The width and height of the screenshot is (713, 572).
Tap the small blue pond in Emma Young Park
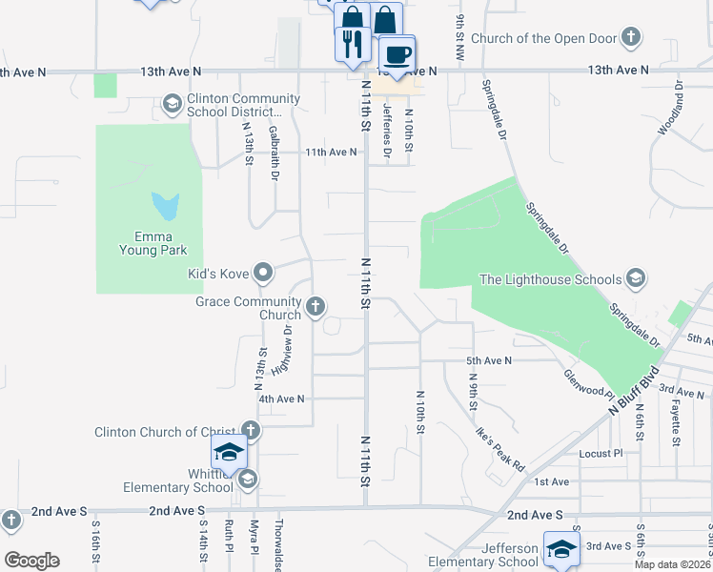coord(166,205)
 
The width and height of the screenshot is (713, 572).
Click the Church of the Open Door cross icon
coord(629,38)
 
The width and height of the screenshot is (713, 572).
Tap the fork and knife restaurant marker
coord(351,43)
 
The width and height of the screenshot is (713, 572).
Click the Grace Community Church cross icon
coord(316,307)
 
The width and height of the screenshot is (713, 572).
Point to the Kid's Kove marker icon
coord(264,275)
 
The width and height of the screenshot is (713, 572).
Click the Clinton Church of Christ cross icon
coord(251,431)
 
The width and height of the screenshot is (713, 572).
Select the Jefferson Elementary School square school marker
coord(561,548)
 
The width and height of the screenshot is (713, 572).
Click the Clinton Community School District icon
coord(173,103)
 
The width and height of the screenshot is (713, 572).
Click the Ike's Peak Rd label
coord(500,448)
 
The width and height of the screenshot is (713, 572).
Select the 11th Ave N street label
coord(331,152)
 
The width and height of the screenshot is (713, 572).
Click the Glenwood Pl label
coord(585,384)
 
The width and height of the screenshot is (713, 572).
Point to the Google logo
coord(31,561)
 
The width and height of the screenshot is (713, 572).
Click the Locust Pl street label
coord(601,453)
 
